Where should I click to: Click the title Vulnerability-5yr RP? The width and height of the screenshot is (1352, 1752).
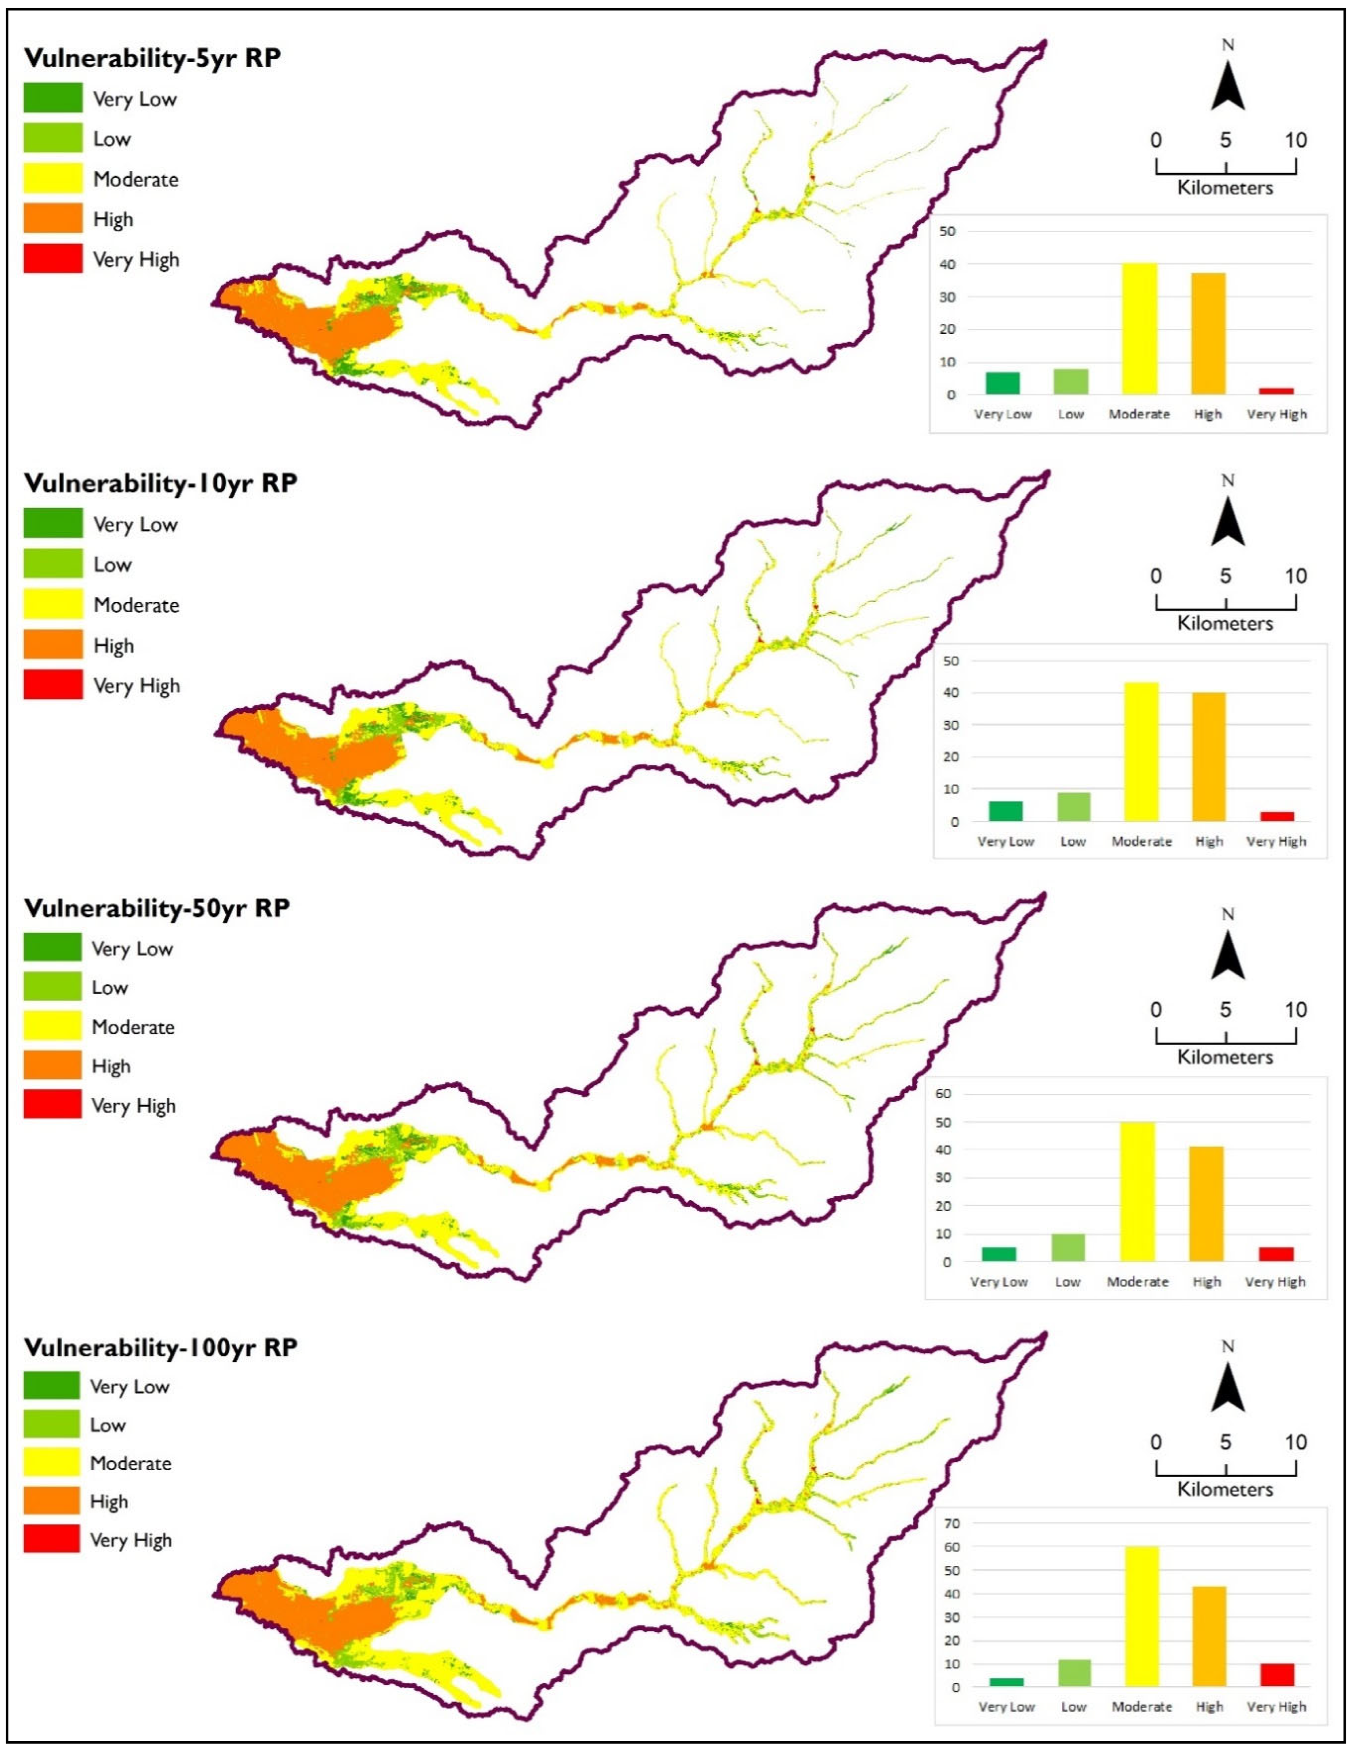click(152, 58)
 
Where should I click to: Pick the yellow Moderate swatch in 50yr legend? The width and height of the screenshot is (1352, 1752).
click(52, 1026)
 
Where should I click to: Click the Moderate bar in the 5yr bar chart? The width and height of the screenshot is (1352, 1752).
click(1139, 329)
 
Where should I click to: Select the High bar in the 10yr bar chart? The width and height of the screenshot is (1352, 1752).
click(1209, 756)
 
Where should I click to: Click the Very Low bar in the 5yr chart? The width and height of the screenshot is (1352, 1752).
click(1002, 383)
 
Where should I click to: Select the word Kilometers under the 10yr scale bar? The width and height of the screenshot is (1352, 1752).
click(1225, 623)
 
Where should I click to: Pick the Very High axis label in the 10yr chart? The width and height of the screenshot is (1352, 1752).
click(1276, 842)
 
